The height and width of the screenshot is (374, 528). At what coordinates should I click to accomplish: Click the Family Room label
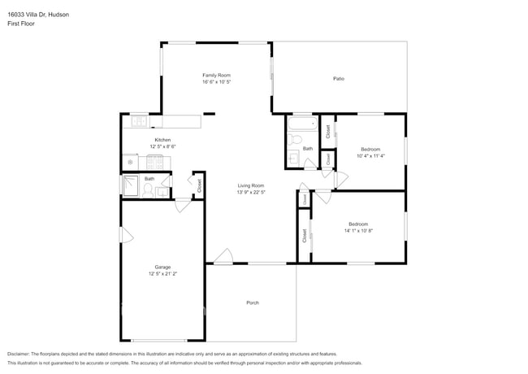tap(217, 76)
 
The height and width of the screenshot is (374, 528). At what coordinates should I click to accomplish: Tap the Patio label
tap(338, 78)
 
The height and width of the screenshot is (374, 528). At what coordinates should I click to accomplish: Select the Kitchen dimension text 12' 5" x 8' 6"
tap(162, 146)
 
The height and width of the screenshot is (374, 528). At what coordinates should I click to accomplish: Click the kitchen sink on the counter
tap(138, 122)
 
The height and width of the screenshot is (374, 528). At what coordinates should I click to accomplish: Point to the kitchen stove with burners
tap(156, 161)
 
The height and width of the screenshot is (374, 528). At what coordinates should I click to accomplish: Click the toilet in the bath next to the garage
tap(148, 190)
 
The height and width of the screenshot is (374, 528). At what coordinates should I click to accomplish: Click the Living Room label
tap(250, 186)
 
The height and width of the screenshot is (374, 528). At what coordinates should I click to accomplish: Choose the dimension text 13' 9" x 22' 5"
tap(250, 193)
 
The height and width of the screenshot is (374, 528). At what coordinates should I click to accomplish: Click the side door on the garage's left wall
tap(124, 236)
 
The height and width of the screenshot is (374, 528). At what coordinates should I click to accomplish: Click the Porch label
tap(252, 302)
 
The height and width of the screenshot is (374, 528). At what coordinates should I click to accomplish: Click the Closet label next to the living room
tap(200, 185)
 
